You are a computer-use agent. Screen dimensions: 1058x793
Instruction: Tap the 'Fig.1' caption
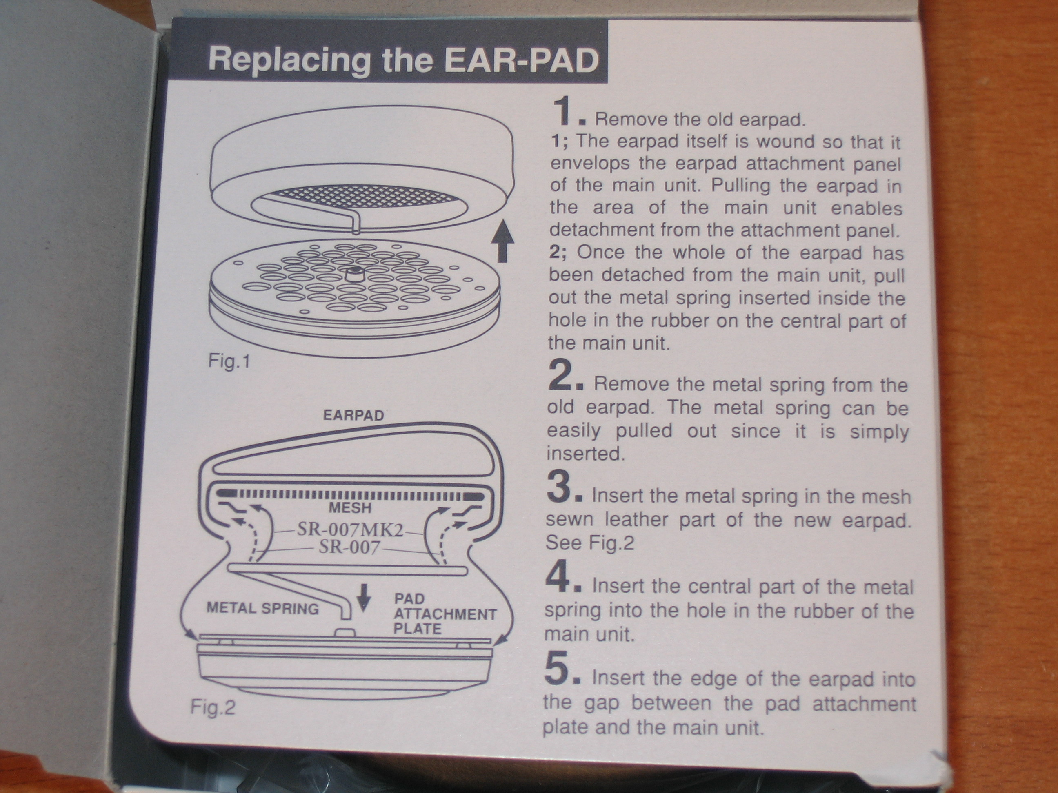pos(229,361)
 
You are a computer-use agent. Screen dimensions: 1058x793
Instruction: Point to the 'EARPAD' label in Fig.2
pos(353,415)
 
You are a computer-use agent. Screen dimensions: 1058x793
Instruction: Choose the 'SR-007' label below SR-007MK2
pos(349,547)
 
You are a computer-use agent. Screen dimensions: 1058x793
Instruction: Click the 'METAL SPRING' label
pos(262,609)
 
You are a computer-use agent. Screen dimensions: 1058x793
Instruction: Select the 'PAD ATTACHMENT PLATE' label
pos(445,614)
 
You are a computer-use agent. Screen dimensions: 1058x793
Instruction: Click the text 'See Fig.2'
pos(589,543)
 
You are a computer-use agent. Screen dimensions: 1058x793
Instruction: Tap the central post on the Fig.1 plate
pos(354,276)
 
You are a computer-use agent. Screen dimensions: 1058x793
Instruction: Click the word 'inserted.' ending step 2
pos(586,454)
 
